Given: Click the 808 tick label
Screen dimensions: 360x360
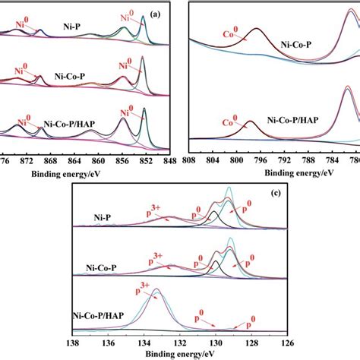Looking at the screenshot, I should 190,162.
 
